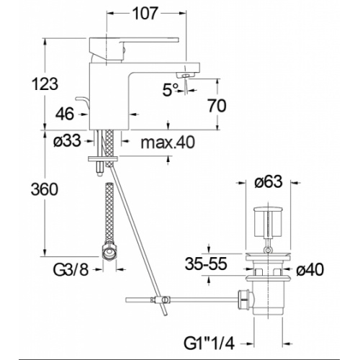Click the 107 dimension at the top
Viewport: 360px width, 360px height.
145,14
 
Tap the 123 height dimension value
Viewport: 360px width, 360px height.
45,84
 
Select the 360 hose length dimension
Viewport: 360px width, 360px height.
45,189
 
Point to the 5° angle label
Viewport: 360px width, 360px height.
171,90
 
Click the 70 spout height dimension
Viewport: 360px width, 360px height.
217,106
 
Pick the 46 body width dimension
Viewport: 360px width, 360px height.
65,114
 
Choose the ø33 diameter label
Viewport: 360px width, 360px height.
67,140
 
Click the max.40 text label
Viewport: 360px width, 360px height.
168,143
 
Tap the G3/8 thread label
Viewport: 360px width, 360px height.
71,270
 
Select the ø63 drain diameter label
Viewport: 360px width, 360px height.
269,181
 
